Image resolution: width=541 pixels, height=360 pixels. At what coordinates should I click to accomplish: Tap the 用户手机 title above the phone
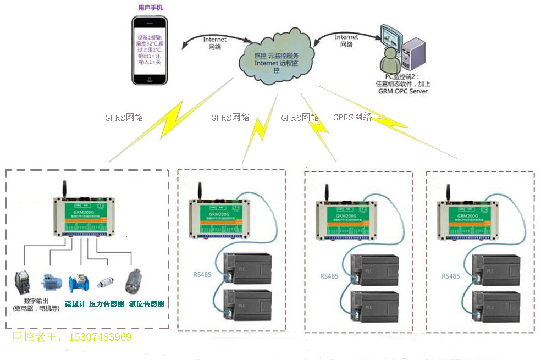click(x=150, y=8)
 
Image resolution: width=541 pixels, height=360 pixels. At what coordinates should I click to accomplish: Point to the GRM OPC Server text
click(x=402, y=91)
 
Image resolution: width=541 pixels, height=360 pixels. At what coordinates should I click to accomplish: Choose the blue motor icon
click(x=51, y=281)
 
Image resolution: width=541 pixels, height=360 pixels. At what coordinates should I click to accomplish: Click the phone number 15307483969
click(x=99, y=337)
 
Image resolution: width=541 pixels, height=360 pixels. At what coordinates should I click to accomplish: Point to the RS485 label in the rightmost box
click(x=450, y=276)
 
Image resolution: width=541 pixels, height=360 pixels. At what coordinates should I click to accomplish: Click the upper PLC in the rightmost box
click(x=495, y=270)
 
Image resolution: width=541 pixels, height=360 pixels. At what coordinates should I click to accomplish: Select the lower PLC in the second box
click(x=247, y=307)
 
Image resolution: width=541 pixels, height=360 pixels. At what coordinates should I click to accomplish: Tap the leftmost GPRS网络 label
click(x=124, y=117)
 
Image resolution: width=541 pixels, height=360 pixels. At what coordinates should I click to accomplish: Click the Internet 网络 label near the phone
click(x=214, y=43)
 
